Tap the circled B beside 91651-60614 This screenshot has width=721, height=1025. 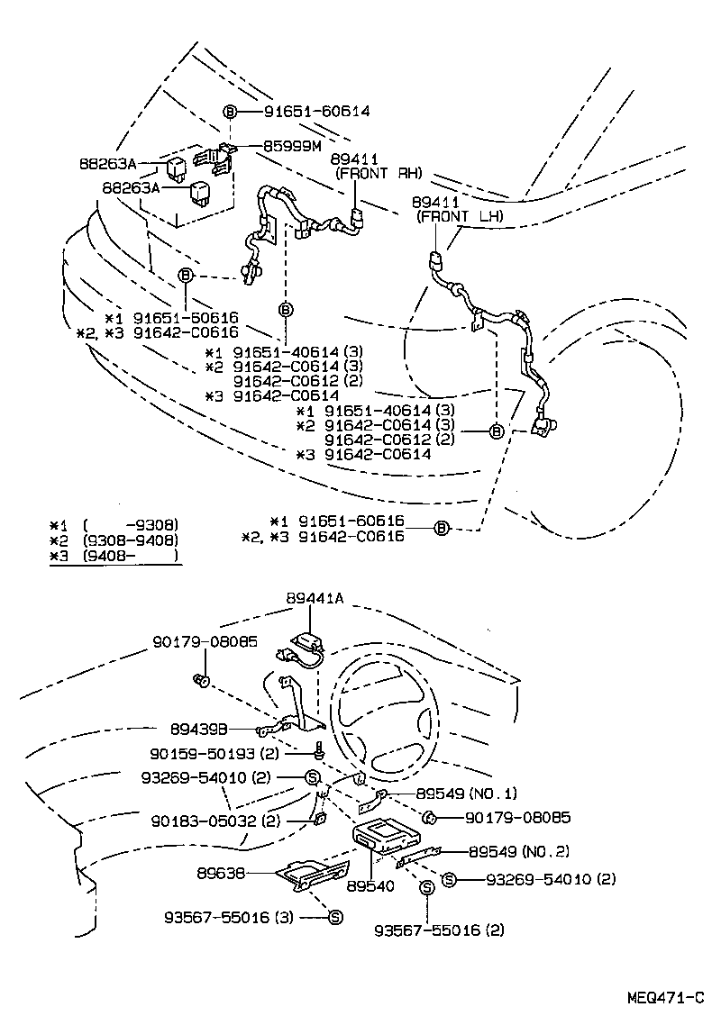tap(230, 112)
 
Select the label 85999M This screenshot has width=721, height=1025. tap(293, 144)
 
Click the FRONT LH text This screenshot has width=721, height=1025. tap(459, 217)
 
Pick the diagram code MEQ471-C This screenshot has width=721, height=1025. tap(666, 998)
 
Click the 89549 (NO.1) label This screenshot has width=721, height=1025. tap(467, 794)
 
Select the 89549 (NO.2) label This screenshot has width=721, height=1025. tap(518, 851)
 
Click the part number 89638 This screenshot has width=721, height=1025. tap(220, 873)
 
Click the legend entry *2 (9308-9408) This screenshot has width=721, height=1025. tap(114, 540)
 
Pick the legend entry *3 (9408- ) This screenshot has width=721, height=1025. tap(114, 558)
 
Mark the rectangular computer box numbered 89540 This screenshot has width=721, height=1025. tap(388, 835)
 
